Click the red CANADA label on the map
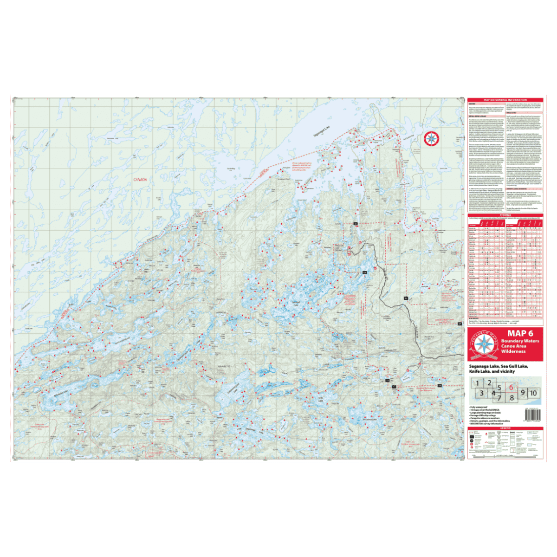coord(140,180)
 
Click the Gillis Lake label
coord(320,399)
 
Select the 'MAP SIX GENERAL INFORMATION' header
coord(505,100)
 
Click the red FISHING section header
coord(505,215)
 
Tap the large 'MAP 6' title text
coord(520,333)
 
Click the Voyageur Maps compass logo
coord(484,345)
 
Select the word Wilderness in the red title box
coord(513,351)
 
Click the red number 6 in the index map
coord(511,388)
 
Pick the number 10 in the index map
coord(533,393)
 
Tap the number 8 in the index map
coord(512,398)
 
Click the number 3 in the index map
coord(482,394)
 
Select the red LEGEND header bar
coord(505,428)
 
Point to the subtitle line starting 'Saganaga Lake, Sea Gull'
coord(499,366)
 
